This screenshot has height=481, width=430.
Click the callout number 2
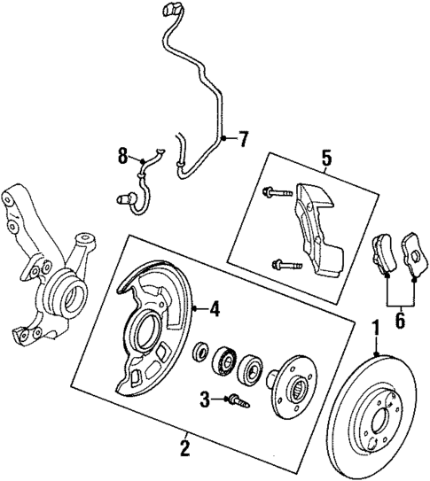tap(184, 449)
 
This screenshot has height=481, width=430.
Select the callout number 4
tap(213, 309)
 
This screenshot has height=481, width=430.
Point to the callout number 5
tap(326, 159)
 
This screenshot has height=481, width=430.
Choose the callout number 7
tap(243, 138)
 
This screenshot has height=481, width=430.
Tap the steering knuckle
tap(44, 275)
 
